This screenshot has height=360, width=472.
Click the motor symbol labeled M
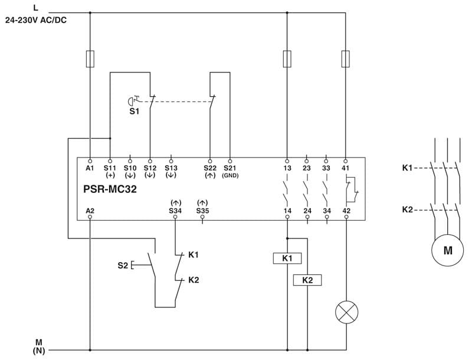click(x=448, y=250)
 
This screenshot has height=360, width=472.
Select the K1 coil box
click(x=287, y=258)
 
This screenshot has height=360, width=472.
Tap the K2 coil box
click(x=307, y=280)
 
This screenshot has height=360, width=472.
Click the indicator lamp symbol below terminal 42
click(x=346, y=312)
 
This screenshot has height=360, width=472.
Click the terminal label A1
click(x=90, y=168)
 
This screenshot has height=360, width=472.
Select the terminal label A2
click(x=90, y=210)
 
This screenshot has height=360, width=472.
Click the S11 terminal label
click(x=110, y=168)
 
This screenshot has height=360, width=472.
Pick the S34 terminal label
click(x=175, y=210)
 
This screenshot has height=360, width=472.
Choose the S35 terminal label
click(x=202, y=210)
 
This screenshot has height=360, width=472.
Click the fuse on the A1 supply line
click(x=90, y=59)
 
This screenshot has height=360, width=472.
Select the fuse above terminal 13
click(x=287, y=59)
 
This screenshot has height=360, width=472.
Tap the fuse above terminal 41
click(x=346, y=59)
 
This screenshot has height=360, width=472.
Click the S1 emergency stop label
click(x=135, y=110)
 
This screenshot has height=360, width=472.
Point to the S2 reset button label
click(x=122, y=266)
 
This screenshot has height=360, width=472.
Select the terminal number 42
click(x=346, y=210)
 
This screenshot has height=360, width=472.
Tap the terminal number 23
click(x=307, y=168)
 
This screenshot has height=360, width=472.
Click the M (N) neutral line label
click(x=39, y=346)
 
